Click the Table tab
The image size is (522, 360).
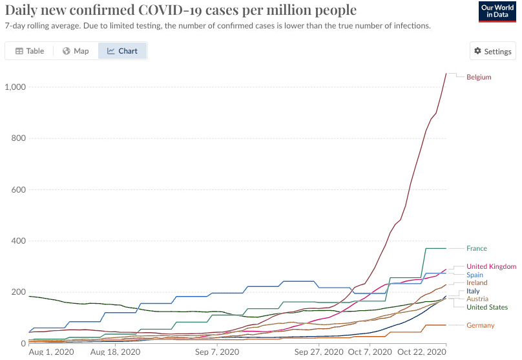click(x=30, y=51)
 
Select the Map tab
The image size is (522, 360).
click(x=76, y=51)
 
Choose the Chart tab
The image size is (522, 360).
click(x=123, y=51)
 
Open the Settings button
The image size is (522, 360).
click(x=492, y=52)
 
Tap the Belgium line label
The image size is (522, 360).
click(x=479, y=78)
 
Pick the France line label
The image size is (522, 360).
click(x=477, y=249)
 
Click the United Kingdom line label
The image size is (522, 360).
click(x=491, y=266)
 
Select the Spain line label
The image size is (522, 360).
click(x=475, y=275)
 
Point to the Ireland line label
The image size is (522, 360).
click(x=477, y=283)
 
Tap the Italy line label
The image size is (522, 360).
click(x=473, y=291)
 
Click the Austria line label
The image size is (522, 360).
click(x=477, y=299)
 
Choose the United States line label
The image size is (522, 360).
click(x=486, y=308)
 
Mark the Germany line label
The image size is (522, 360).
click(x=480, y=325)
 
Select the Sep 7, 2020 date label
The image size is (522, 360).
click(x=214, y=352)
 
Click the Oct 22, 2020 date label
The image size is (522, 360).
click(x=423, y=352)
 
